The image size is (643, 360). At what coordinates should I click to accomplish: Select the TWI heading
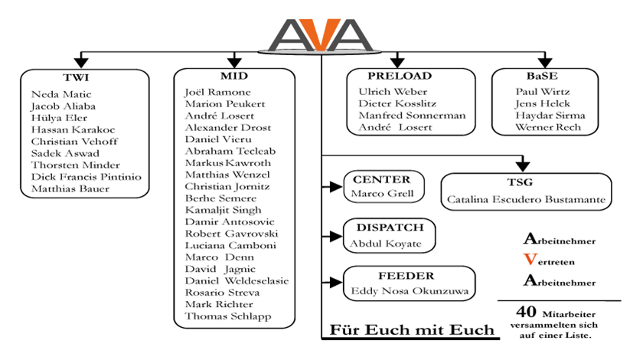(76, 77)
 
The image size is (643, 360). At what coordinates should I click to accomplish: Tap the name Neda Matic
(61, 94)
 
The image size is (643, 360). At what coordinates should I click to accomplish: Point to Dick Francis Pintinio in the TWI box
(86, 177)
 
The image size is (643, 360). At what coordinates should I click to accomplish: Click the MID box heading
(234, 76)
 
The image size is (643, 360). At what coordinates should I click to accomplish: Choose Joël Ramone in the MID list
(217, 93)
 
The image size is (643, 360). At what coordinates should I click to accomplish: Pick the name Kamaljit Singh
(223, 210)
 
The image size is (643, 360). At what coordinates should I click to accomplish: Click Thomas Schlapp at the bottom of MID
(228, 316)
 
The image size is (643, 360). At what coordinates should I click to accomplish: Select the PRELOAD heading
(400, 76)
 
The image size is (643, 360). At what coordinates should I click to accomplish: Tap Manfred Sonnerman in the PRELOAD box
(412, 116)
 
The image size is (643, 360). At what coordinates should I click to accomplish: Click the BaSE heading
(542, 76)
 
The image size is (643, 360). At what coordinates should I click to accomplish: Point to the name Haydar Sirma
(550, 116)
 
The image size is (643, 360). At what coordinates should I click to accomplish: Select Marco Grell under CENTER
(382, 193)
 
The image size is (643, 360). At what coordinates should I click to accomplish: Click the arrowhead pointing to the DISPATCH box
(336, 236)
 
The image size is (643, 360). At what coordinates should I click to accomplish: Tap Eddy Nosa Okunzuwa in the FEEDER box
(410, 291)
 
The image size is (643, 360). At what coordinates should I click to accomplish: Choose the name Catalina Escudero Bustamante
(526, 199)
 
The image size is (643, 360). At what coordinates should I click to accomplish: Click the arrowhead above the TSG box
(522, 166)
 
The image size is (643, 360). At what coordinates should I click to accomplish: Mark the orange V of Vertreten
(530, 260)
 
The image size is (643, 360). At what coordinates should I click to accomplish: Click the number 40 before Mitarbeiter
(526, 312)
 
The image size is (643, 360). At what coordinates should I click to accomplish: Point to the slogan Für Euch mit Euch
(412, 329)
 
